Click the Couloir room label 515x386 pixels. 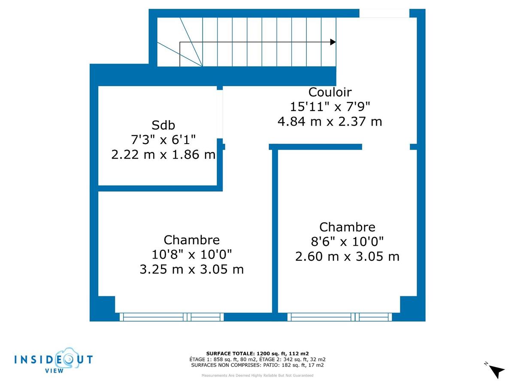point(330,92)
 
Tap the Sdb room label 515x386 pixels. point(164,125)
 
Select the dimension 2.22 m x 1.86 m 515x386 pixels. point(164,154)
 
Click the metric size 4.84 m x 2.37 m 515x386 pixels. point(330,121)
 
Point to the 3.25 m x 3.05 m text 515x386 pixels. point(192,269)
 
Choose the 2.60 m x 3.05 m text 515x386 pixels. point(347,256)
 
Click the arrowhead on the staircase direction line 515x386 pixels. point(333,42)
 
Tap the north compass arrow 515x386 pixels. point(497,371)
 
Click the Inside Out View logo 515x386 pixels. point(53,359)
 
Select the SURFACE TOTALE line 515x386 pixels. point(257,353)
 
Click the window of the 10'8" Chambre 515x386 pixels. point(171,317)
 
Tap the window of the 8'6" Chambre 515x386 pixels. point(339,317)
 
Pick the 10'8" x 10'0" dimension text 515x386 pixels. point(192,255)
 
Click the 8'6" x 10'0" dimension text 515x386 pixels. point(347,242)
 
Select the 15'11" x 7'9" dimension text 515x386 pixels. point(330,107)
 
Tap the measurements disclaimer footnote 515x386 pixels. point(257,376)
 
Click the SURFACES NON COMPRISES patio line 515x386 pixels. point(257,365)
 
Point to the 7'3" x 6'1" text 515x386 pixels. point(164,140)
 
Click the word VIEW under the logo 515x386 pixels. point(55,371)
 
